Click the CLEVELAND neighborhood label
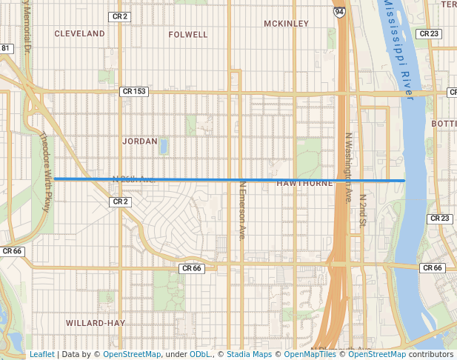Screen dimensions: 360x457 tap(79, 34)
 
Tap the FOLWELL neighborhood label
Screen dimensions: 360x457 tap(189, 34)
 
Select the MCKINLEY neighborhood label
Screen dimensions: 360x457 tap(285, 24)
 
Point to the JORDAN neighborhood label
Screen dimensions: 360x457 tap(140, 141)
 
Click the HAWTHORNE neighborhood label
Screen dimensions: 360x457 tap(304, 184)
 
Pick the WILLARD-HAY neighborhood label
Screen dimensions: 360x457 tap(95, 323)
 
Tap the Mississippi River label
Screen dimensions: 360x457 tap(401, 48)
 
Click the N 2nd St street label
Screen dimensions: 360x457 tap(362, 212)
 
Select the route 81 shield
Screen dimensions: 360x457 tap(6, 48)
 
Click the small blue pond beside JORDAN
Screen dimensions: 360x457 tap(163, 146)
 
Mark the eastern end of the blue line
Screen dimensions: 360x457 tap(404, 180)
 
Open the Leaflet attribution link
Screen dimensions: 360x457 tap(41, 355)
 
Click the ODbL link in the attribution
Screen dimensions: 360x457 tap(200, 355)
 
